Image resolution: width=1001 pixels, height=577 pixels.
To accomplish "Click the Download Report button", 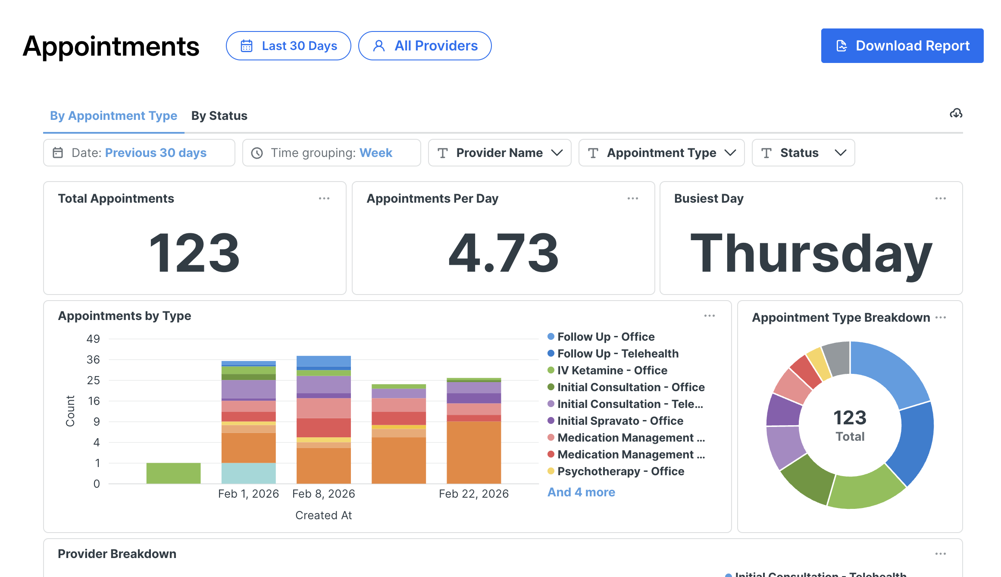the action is pyautogui.click(x=902, y=46).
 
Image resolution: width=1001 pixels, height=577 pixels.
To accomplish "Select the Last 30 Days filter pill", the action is pyautogui.click(x=288, y=46).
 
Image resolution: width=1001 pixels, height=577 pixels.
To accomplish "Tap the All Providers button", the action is pyautogui.click(x=425, y=46).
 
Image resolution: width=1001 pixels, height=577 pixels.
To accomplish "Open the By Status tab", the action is pyautogui.click(x=219, y=116).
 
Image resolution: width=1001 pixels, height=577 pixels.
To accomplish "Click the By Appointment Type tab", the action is pyautogui.click(x=113, y=116).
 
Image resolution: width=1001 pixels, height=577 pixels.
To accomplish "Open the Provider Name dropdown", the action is pyautogui.click(x=500, y=153).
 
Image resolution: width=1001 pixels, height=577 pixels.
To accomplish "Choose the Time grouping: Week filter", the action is pyautogui.click(x=332, y=153).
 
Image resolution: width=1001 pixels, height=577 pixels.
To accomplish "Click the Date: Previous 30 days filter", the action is pyautogui.click(x=139, y=153).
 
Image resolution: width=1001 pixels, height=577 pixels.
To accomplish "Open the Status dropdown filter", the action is pyautogui.click(x=803, y=153).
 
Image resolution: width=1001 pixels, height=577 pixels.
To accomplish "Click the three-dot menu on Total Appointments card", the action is pyautogui.click(x=324, y=198).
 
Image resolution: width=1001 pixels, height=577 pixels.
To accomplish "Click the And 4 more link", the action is pyautogui.click(x=581, y=492).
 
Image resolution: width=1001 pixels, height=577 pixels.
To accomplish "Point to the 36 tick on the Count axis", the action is pyautogui.click(x=93, y=360).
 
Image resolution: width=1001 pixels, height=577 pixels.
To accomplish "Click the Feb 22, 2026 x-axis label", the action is pyautogui.click(x=474, y=494).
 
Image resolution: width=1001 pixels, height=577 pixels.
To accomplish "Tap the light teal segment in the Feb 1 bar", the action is pyautogui.click(x=249, y=473).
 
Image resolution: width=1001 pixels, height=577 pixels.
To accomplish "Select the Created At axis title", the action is pyautogui.click(x=324, y=515).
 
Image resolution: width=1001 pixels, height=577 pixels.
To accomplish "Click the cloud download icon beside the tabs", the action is pyautogui.click(x=956, y=113).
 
